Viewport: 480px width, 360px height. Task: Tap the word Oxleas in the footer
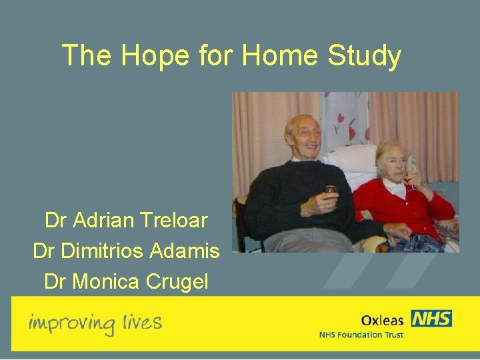[x=382, y=320]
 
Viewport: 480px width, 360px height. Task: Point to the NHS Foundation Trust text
[x=361, y=335]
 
